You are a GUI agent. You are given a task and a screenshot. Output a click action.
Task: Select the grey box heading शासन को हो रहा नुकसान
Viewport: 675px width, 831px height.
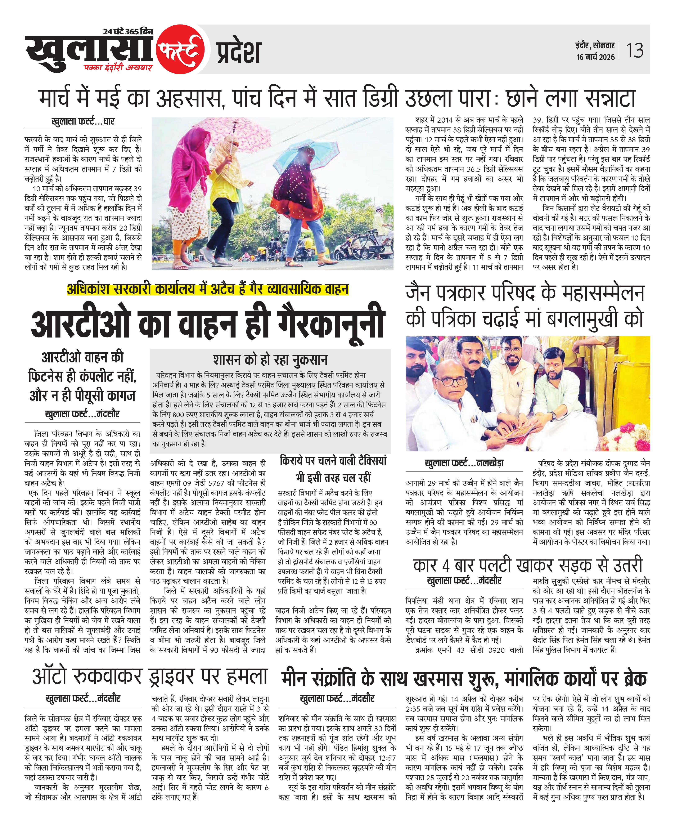(270, 360)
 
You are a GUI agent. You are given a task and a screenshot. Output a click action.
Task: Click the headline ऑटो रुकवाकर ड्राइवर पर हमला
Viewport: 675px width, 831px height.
(150, 677)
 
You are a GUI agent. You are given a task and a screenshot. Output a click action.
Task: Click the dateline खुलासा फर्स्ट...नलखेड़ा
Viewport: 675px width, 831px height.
(464, 463)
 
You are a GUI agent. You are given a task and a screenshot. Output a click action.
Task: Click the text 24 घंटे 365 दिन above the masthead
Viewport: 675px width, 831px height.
(128, 32)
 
